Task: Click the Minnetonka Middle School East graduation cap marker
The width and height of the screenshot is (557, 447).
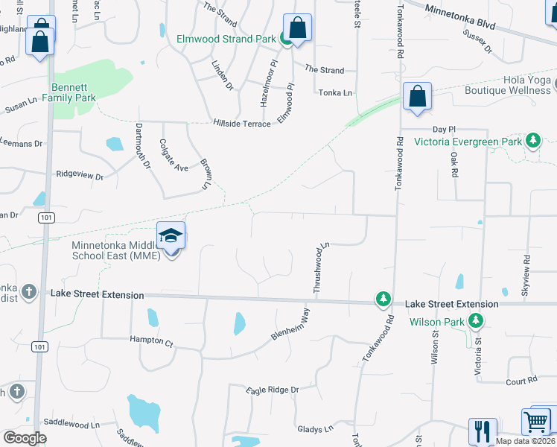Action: click(x=171, y=237)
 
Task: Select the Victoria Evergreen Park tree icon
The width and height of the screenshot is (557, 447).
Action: click(x=532, y=140)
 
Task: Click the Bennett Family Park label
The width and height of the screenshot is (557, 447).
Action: click(x=69, y=92)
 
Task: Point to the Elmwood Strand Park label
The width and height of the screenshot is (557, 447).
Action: click(x=221, y=39)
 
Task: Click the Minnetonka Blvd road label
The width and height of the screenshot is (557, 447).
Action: click(x=460, y=16)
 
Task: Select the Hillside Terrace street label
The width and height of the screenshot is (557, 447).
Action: click(x=242, y=124)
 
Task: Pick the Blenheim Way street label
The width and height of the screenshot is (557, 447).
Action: click(x=290, y=326)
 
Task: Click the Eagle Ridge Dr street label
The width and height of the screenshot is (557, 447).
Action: click(x=273, y=390)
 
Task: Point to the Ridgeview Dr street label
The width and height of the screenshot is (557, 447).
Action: click(x=80, y=176)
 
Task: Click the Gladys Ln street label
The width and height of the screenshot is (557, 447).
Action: click(x=315, y=429)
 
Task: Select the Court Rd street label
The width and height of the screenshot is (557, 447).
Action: click(x=521, y=381)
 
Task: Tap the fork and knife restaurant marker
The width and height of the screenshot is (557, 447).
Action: click(x=482, y=431)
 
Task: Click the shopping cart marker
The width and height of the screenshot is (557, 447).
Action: click(x=537, y=422)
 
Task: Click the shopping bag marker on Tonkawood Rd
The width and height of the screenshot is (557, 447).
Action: click(x=417, y=96)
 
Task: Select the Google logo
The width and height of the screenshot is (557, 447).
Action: click(x=25, y=438)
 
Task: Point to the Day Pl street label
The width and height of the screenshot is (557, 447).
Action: click(x=443, y=129)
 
